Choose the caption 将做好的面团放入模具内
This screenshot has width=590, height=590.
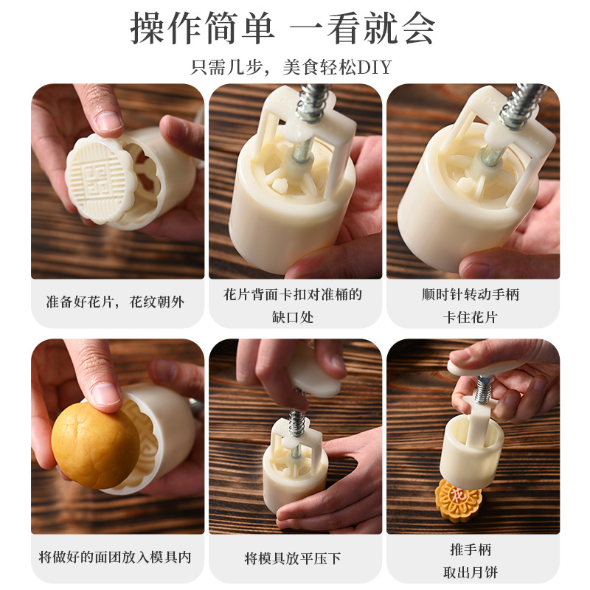[116, 558]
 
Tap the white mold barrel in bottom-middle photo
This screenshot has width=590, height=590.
[289, 472]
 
